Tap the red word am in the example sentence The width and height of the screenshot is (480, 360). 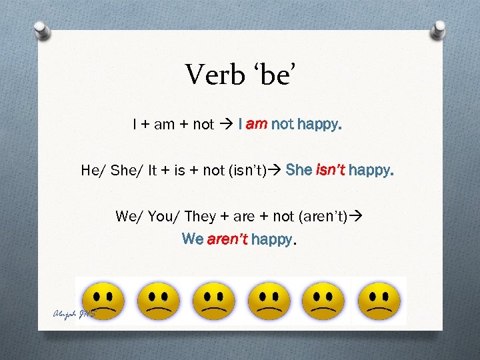click(x=257, y=124)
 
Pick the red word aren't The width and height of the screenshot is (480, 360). click(x=227, y=239)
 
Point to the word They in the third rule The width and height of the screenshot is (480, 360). click(x=200, y=216)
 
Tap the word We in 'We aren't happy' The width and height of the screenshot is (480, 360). click(x=193, y=239)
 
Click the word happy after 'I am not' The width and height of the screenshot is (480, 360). click(x=319, y=124)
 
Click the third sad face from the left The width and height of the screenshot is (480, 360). click(x=213, y=301)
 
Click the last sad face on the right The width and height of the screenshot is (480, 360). click(x=379, y=301)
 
